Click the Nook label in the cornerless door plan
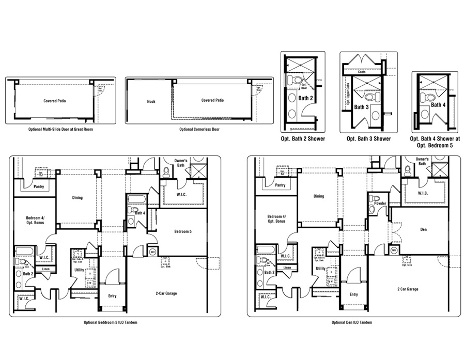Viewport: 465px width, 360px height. [x=151, y=101]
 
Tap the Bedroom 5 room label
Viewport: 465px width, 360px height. [x=183, y=231]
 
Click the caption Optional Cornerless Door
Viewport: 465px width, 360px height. [x=199, y=129]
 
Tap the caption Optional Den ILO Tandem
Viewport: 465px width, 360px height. [x=351, y=322]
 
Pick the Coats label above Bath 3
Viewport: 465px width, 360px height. [x=362, y=72]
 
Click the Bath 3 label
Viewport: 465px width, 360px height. [x=361, y=107]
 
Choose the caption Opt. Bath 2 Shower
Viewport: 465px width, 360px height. [x=302, y=138]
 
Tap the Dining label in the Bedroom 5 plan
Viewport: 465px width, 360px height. [x=77, y=197]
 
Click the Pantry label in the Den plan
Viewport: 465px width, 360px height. [x=280, y=185]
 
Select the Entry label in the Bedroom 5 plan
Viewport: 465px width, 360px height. [x=113, y=296]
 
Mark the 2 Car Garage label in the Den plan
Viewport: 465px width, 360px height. [x=408, y=289]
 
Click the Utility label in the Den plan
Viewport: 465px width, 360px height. [x=320, y=269]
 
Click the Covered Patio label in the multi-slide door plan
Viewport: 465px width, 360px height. [x=54, y=101]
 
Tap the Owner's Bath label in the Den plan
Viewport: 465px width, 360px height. [x=422, y=161]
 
